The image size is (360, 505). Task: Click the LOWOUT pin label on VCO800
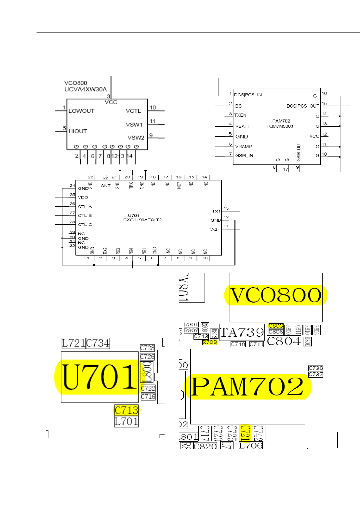(81, 111)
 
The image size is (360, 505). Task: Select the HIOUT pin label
(78, 131)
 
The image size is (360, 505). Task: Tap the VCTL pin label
(133, 111)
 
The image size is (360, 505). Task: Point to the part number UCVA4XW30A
(86, 89)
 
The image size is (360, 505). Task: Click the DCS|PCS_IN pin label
(248, 95)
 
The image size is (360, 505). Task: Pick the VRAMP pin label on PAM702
(244, 147)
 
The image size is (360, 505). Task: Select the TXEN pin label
(240, 115)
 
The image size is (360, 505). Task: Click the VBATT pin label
(243, 126)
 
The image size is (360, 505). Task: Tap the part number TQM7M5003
(280, 126)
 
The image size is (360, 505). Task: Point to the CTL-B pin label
(85, 215)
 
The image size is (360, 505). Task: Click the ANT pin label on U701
(106, 186)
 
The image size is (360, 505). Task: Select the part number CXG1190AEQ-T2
(142, 220)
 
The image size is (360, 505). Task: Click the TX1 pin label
(216, 211)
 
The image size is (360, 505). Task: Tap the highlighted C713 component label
(127, 410)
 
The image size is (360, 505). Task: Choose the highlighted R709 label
(209, 342)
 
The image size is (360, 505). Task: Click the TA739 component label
(242, 332)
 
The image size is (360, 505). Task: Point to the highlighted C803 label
(276, 326)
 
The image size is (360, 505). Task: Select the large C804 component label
(284, 341)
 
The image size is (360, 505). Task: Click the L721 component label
(73, 343)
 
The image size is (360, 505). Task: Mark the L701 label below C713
(127, 421)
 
